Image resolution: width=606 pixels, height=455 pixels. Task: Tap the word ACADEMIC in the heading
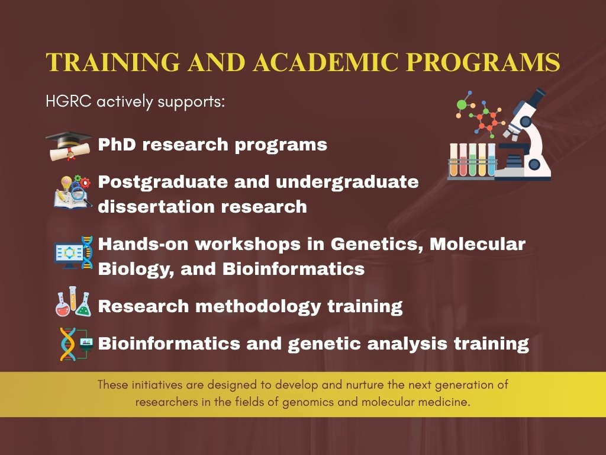coord(325,62)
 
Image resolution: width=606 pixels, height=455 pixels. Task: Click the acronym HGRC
coord(69,101)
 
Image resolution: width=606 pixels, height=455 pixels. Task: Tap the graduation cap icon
coord(69,146)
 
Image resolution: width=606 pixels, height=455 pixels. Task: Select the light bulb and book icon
coord(72,192)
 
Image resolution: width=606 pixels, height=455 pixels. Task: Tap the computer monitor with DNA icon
coord(73,252)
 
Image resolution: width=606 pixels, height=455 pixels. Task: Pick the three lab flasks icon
coord(73,302)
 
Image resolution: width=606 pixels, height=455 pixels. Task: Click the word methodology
coord(258,307)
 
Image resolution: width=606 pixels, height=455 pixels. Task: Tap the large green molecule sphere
coord(462,104)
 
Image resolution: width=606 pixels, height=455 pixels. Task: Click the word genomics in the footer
coord(308,402)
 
